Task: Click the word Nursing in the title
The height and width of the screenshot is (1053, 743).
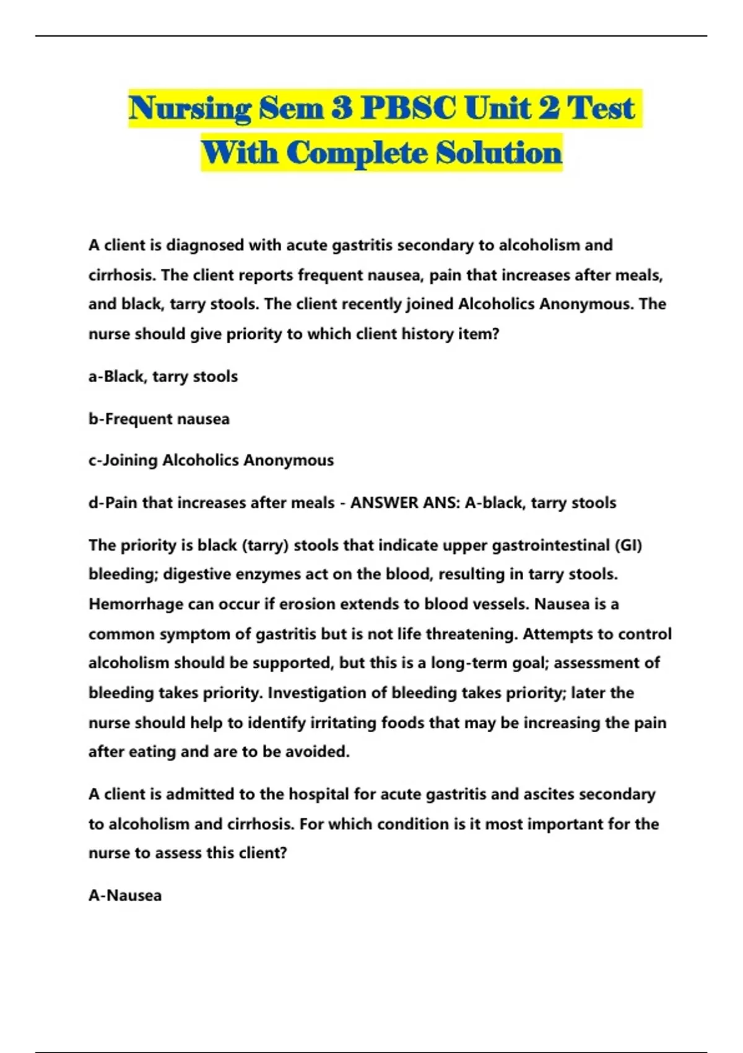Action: pyautogui.click(x=189, y=109)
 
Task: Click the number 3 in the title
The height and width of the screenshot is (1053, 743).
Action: pyautogui.click(x=341, y=109)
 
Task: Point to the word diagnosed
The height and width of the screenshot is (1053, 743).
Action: pyautogui.click(x=205, y=245)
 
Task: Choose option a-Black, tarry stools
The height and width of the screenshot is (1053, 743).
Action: pyautogui.click(x=163, y=377)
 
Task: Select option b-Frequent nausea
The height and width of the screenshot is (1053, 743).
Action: pyautogui.click(x=159, y=419)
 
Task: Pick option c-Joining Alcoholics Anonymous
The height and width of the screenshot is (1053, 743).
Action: pyautogui.click(x=211, y=460)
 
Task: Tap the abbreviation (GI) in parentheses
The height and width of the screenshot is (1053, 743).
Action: pyautogui.click(x=628, y=545)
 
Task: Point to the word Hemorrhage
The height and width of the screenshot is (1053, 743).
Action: pyautogui.click(x=136, y=604)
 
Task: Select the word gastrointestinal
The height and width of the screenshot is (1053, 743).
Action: pyautogui.click(x=532, y=545)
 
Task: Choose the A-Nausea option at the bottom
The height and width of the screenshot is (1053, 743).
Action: pyautogui.click(x=125, y=896)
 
